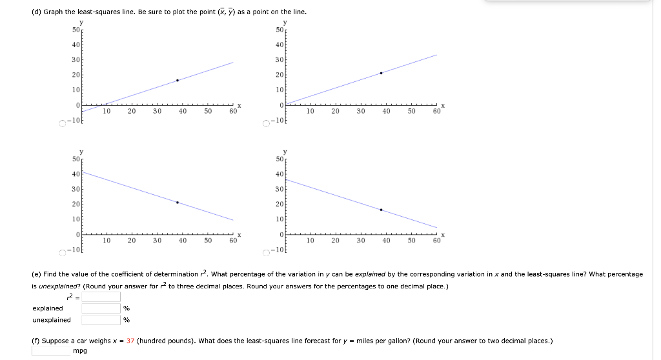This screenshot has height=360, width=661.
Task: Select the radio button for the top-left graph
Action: [x=63, y=122]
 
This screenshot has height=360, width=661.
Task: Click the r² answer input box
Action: [x=101, y=297]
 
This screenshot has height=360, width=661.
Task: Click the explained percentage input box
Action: [x=101, y=308]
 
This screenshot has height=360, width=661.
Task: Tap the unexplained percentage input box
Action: [x=101, y=319]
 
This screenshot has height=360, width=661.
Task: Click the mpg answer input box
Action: [x=51, y=351]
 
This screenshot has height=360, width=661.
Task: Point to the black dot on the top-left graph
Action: [x=177, y=81]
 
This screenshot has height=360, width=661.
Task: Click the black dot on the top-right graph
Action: [x=381, y=73]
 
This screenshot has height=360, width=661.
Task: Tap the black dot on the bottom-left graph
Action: [x=177, y=203]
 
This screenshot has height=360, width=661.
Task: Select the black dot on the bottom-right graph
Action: [x=381, y=210]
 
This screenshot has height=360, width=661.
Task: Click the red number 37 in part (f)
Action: [x=130, y=341]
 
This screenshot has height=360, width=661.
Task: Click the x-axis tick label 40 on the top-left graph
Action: [x=183, y=112]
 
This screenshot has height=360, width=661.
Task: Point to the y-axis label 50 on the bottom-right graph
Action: [x=280, y=159]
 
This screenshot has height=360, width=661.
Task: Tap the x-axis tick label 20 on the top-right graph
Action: [x=336, y=112]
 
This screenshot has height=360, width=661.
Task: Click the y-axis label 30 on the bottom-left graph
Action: [x=76, y=189]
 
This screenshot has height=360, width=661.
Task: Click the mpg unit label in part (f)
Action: [x=80, y=351]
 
